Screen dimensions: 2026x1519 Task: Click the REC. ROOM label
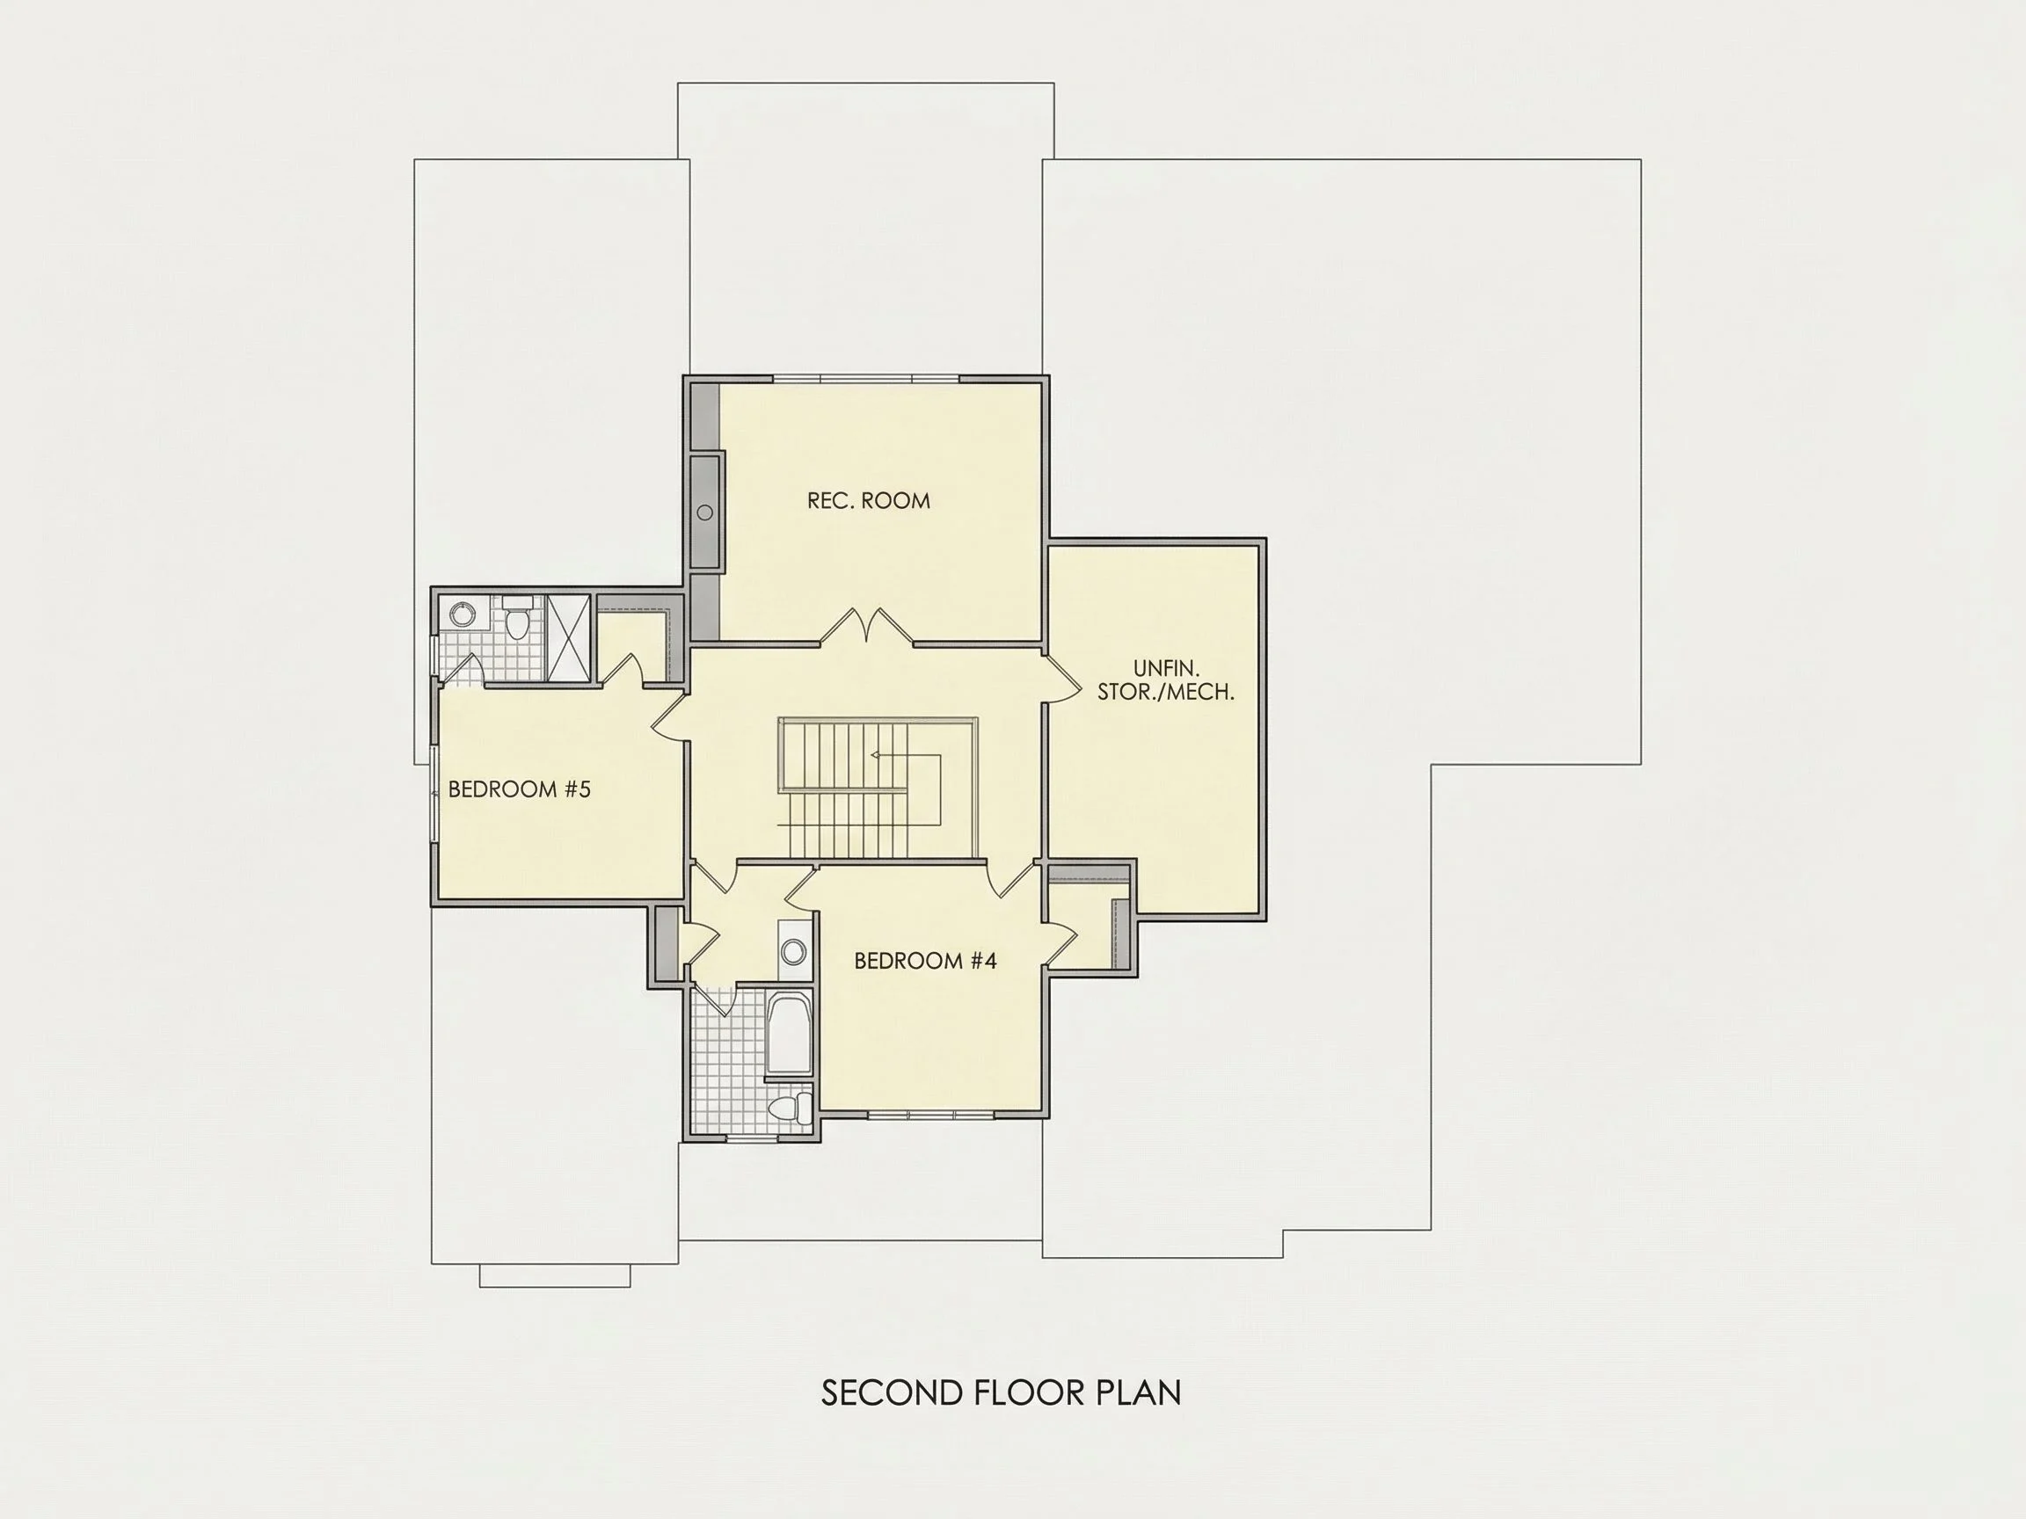tap(868, 501)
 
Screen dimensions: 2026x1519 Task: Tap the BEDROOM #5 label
tap(520, 789)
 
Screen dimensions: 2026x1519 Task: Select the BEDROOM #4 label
tap(925, 961)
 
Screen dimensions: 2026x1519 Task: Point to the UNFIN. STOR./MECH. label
tap(1166, 680)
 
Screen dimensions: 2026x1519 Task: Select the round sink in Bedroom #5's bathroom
tap(462, 613)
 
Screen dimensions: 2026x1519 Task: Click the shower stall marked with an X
tap(568, 637)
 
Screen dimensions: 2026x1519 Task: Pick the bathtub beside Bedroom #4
tap(789, 1034)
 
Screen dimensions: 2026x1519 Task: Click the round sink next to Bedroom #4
tap(794, 951)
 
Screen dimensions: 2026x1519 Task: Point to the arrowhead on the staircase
tap(876, 755)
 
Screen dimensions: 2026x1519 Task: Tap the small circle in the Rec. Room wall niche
tap(705, 512)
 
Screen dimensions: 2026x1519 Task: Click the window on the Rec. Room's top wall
tap(866, 378)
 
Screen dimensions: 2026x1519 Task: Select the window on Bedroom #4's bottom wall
tap(930, 1115)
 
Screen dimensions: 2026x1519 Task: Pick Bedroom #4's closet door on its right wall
tap(1060, 944)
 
